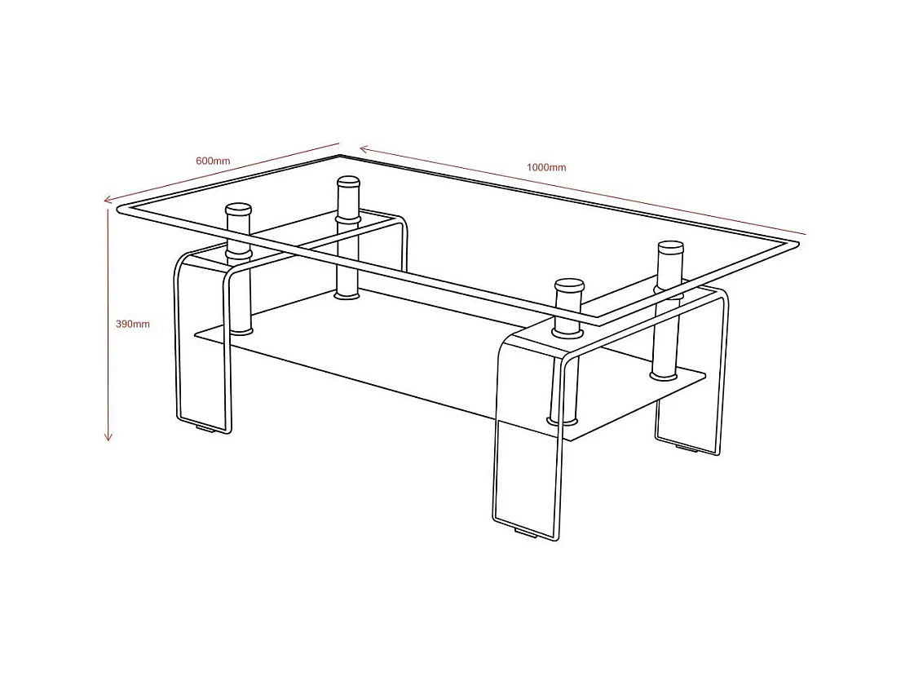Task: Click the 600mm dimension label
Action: pos(213,161)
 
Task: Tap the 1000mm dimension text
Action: pos(546,167)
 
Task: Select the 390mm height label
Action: pos(133,324)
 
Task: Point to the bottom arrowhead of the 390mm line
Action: pos(108,437)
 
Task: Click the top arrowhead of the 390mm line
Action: pos(108,211)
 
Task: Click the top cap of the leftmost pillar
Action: pos(238,209)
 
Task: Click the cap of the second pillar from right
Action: pos(569,285)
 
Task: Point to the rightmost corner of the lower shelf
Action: pos(704,376)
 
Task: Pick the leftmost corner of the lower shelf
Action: pos(195,333)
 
